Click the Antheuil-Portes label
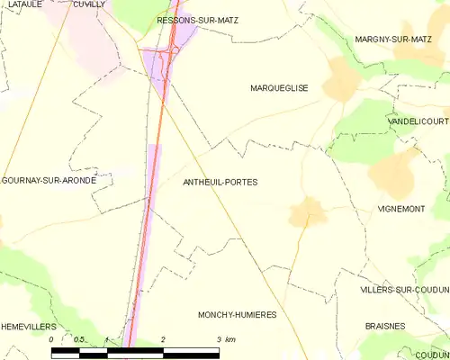point(220,182)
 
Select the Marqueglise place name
point(279,88)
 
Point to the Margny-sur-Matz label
point(393,40)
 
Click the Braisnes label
point(386,326)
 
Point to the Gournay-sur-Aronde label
point(49,180)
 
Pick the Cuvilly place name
point(89,4)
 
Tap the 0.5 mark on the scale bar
point(79,339)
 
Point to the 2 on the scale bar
point(163,339)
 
